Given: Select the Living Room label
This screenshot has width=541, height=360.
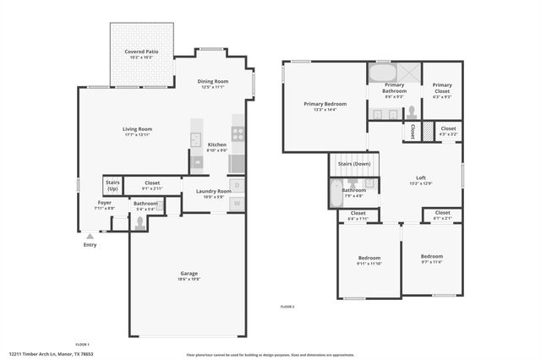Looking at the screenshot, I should pos(137,129).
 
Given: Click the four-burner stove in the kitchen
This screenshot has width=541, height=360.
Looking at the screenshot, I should pos(238,133).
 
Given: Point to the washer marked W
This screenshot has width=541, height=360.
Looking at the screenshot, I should pos(238,203).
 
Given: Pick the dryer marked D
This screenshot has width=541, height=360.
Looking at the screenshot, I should pos(238,185).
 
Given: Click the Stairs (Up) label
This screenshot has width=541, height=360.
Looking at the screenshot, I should pos(112,184).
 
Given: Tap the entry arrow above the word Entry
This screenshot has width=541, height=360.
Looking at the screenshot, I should pos(90,236).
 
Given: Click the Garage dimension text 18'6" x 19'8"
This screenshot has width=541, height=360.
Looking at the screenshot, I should pos(189,278).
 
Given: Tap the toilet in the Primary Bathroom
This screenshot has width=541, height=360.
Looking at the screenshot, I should pos(411,112).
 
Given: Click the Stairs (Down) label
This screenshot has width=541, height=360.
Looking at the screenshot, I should pos(354,164).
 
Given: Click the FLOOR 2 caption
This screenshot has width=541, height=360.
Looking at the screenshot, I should pos(287,306).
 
